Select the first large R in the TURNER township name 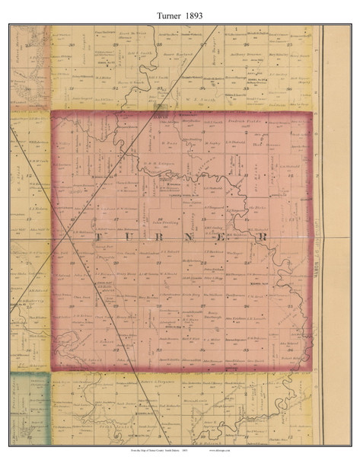[x=162, y=238]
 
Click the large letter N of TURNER [x=195, y=238]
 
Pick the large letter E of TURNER [x=228, y=238]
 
